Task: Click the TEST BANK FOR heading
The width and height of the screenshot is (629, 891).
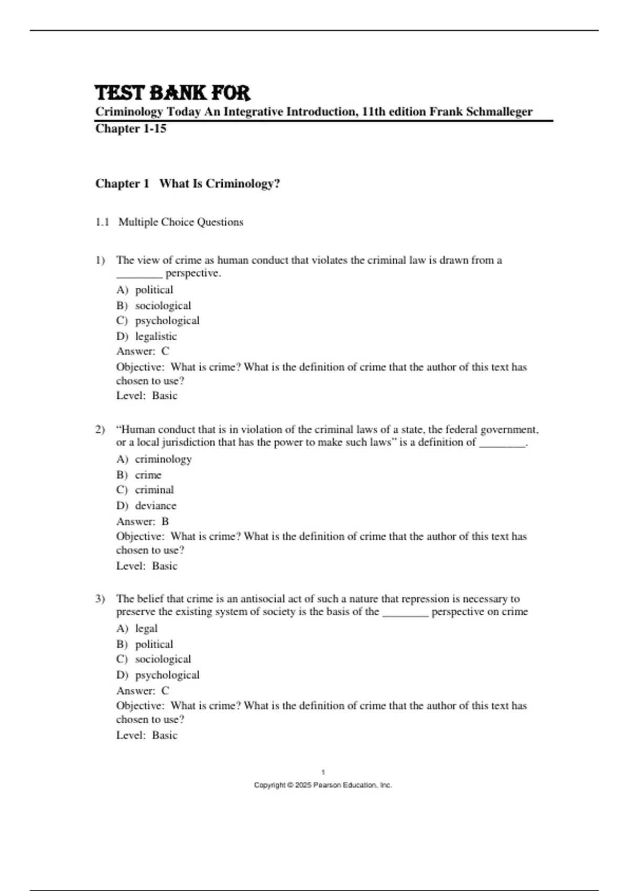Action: tap(172, 93)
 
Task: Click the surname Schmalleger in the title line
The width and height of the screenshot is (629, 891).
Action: tap(498, 112)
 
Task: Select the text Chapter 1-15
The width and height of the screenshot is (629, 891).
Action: tap(131, 129)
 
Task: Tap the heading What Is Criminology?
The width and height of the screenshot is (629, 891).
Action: tap(220, 183)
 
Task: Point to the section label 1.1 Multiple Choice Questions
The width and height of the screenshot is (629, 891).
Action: tap(169, 222)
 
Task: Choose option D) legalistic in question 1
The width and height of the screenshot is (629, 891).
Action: tap(147, 336)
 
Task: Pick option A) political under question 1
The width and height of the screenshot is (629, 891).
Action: tap(145, 290)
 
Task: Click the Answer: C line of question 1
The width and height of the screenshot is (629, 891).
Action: tap(143, 351)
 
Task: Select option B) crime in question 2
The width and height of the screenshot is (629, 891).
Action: tap(139, 475)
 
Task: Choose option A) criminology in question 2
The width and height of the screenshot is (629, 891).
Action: tap(154, 459)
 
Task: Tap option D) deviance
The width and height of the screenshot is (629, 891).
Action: tap(146, 506)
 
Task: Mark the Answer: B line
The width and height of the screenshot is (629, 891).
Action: tap(143, 521)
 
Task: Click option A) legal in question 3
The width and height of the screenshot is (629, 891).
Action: tap(137, 628)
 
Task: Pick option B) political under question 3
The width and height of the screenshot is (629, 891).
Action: tap(145, 644)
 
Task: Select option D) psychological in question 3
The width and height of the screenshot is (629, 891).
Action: tap(158, 675)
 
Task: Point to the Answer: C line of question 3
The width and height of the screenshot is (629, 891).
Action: tap(143, 691)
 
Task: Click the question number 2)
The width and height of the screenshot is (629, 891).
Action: tap(100, 430)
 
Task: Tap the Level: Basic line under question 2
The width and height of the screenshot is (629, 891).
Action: tap(147, 566)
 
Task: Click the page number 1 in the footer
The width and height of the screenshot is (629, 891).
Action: tap(323, 772)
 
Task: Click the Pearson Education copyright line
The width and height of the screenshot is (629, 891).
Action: tap(323, 785)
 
